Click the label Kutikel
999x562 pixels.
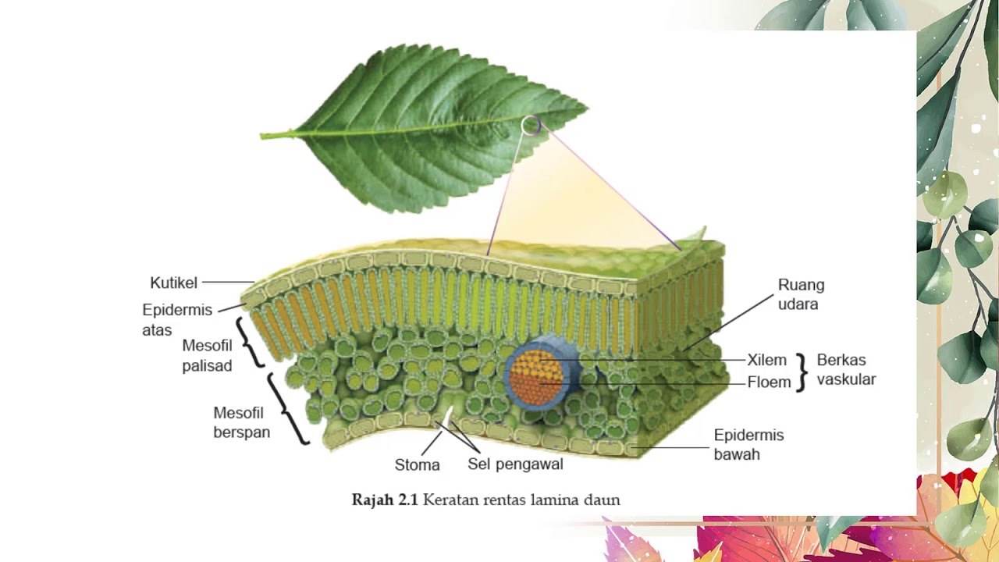pos(173,283)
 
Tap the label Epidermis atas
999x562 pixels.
pos(177,320)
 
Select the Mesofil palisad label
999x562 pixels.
pos(208,355)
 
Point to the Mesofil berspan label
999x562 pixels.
pos(242,422)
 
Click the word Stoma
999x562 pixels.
pos(417,465)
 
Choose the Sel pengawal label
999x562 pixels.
pos(515,464)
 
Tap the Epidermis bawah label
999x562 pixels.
pos(748,444)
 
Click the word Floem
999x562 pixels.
pos(769,382)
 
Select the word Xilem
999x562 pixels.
pos(766,360)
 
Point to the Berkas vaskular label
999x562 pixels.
pos(846,369)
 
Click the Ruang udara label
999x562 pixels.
pos(801,294)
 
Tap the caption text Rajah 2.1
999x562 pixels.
pos(385,500)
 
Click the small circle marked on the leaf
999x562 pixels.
pos(531,126)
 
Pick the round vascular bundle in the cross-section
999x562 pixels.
pos(539,377)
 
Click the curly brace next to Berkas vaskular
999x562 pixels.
pos(802,372)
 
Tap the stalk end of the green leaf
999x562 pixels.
pos(261,136)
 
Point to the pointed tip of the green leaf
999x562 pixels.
pos(588,108)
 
